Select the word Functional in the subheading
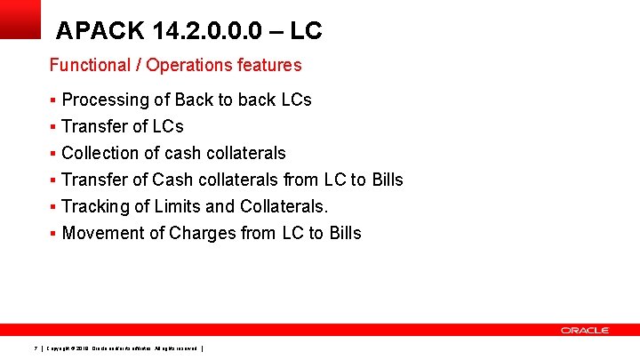click(89, 65)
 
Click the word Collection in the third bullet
click(100, 153)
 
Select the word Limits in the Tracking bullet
click(180, 206)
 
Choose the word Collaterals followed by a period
click(284, 206)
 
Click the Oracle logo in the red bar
click(584, 330)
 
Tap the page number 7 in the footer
click(34, 348)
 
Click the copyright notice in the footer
click(124, 348)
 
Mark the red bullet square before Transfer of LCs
click(53, 126)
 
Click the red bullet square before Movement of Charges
click(53, 233)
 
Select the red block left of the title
click(20, 19)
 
